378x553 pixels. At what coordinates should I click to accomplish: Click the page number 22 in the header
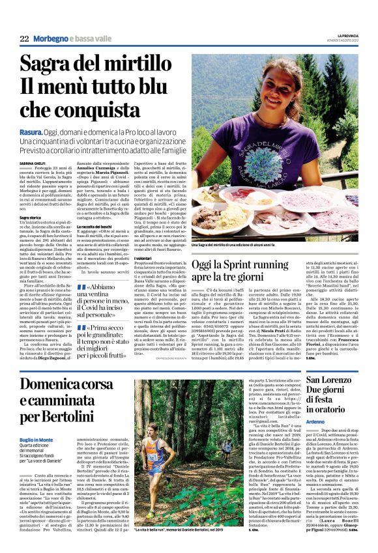pos(24,40)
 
